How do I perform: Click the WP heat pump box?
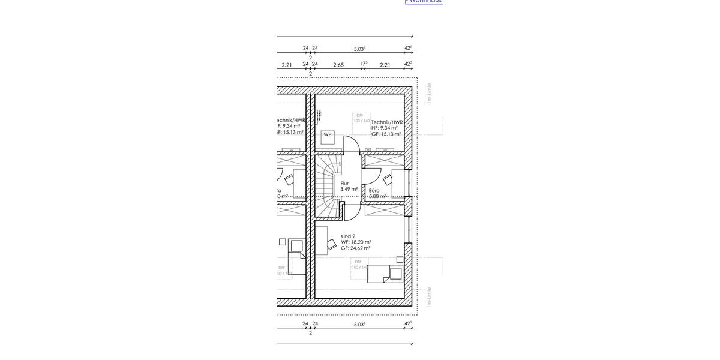[x=328, y=135]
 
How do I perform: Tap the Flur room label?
[x=344, y=184]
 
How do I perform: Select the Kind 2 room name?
[x=348, y=236]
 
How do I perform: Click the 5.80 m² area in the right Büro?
[x=377, y=196]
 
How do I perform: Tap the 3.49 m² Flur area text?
[x=349, y=189]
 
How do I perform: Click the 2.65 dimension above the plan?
[x=338, y=65]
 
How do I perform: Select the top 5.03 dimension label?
[x=359, y=49]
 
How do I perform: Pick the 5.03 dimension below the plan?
[x=359, y=324]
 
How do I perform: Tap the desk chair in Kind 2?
[x=331, y=243]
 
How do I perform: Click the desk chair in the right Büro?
[x=387, y=179]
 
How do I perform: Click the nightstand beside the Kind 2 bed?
[x=398, y=259]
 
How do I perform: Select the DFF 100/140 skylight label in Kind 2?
[x=359, y=265]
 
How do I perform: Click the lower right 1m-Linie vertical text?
[x=429, y=297]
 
